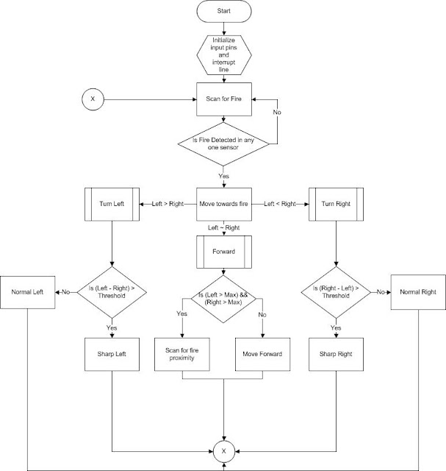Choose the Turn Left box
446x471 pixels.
point(111,202)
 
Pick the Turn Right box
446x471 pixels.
point(335,202)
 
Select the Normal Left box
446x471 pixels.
point(27,292)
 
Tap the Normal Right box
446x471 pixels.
point(418,292)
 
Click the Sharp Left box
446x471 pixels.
point(111,354)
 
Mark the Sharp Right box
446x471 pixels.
point(335,354)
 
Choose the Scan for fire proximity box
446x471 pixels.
point(182,354)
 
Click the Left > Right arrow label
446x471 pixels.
point(168,202)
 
